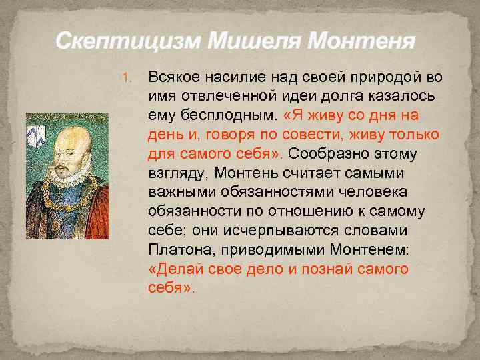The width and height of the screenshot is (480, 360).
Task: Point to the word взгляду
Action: pos(177,173)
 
